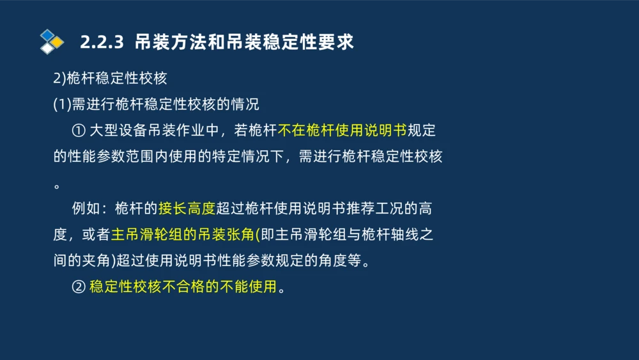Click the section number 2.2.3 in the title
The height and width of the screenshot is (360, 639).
(101, 42)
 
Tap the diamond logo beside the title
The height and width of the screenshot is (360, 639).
(51, 42)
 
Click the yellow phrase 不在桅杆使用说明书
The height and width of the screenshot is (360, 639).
(342, 130)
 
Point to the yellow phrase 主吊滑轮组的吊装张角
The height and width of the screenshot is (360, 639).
(183, 235)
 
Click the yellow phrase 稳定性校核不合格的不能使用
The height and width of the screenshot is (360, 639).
(183, 287)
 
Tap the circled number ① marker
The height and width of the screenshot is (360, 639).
(79, 130)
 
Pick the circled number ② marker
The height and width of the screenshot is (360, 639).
(79, 287)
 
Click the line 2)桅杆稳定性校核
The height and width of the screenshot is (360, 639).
(110, 78)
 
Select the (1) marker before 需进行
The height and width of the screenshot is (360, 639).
(62, 104)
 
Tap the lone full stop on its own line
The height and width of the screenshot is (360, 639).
(57, 186)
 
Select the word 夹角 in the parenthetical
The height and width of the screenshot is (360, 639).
(90, 261)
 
